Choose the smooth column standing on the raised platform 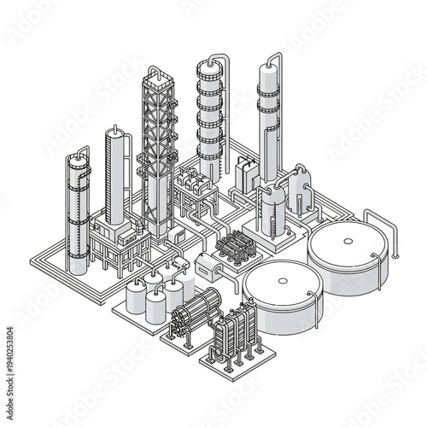click(x=115, y=179)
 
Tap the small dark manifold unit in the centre click(x=236, y=247)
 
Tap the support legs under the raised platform click(x=111, y=252)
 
